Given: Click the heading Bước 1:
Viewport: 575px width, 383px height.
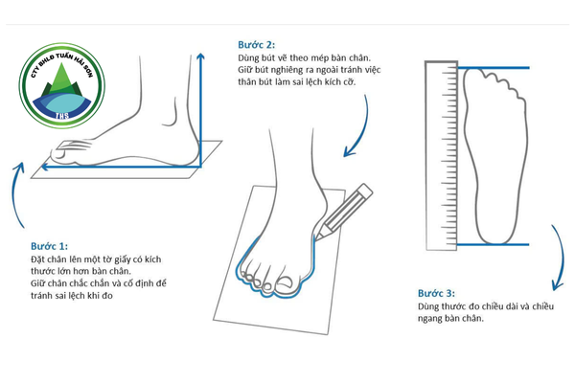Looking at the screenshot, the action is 49,246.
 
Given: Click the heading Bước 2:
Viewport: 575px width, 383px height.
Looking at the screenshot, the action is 256,45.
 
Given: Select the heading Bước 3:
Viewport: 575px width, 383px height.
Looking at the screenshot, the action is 436,293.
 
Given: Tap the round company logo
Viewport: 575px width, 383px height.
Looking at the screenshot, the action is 62,86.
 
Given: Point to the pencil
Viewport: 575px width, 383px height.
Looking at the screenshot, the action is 343,212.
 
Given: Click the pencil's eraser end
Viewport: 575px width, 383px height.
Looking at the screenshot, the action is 365,190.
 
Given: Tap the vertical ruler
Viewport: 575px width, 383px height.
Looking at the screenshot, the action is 442,156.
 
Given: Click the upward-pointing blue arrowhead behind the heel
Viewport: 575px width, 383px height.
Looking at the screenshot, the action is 200,56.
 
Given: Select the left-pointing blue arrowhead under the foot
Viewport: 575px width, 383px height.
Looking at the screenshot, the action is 45,167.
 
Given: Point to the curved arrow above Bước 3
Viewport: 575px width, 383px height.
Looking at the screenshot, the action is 559,258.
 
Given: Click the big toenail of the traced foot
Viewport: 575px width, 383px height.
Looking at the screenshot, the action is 285,283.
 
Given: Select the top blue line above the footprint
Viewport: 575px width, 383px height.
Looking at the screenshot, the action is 494,68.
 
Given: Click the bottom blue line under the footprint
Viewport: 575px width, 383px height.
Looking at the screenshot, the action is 494,244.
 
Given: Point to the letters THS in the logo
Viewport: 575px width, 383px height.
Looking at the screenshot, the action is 62,116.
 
